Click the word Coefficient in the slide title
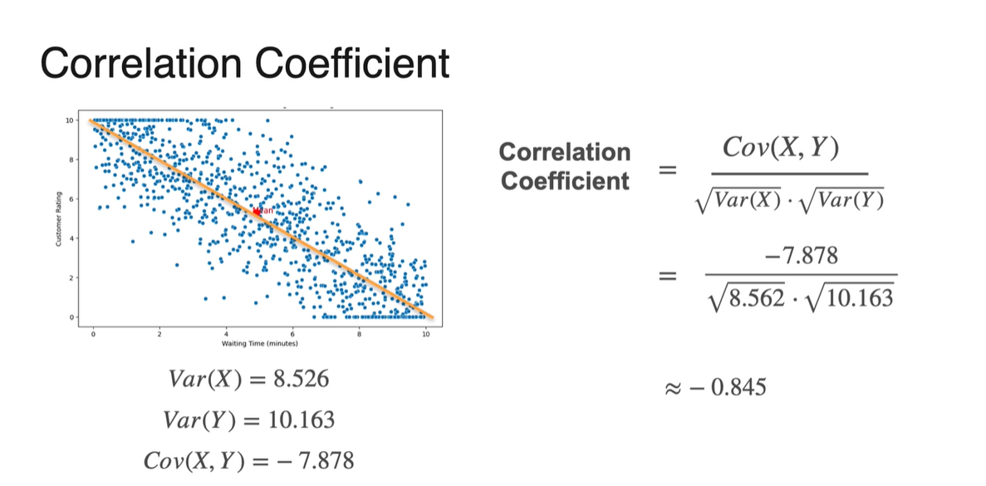342,64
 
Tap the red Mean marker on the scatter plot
258,212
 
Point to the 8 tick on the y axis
71,159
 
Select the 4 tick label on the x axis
226,333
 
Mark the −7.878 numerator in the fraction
799,257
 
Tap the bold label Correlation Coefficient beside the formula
565,166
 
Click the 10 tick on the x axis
425,333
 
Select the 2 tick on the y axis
71,277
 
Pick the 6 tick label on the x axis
292,333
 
